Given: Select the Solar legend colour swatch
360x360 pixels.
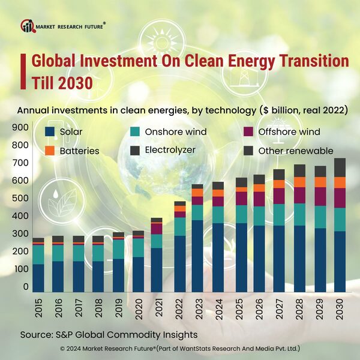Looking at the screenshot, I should tap(50, 132).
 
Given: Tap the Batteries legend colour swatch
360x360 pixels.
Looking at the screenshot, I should tap(50, 151).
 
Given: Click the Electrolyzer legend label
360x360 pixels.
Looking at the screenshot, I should tap(170, 150).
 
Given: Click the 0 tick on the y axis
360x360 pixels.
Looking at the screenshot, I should tap(26, 287).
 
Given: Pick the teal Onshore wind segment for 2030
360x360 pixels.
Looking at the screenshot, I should tap(340, 220).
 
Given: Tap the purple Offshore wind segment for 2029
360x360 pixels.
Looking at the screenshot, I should tap(320, 196).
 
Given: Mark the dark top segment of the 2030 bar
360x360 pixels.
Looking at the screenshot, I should tap(340, 167).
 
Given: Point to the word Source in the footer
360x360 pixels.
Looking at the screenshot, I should tap(38, 334).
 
